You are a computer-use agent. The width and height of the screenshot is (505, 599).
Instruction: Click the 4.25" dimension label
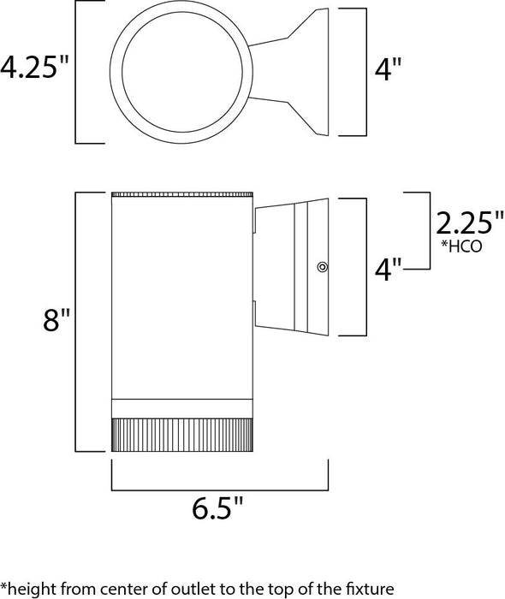coord(34,69)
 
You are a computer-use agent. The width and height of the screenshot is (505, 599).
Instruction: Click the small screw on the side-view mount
coord(323,267)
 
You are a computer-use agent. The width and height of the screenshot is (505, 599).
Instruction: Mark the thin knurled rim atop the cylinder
coord(181,193)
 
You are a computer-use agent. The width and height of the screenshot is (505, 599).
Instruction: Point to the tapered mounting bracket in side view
coord(291,265)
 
